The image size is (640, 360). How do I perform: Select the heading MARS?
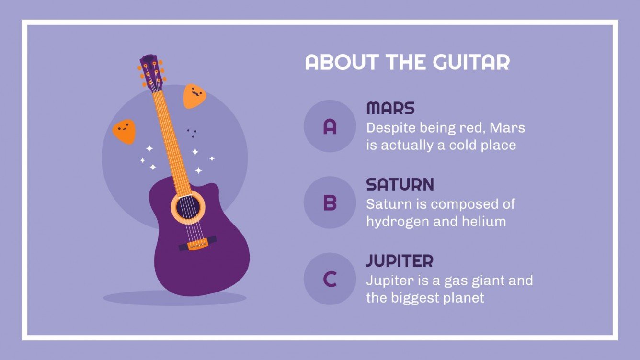tap(390, 108)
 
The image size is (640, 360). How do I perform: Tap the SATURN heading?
tap(400, 184)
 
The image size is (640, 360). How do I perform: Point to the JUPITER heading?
tap(400, 261)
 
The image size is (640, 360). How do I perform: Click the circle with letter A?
tap(330, 126)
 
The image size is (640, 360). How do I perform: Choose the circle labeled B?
tap(330, 202)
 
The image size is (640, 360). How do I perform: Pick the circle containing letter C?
tap(330, 279)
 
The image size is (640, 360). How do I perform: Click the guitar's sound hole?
tap(188, 207)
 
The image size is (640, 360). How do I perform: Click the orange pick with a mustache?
tap(194, 95)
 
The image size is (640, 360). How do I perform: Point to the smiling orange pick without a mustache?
tap(124, 131)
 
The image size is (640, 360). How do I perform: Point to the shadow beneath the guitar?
tap(175, 298)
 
